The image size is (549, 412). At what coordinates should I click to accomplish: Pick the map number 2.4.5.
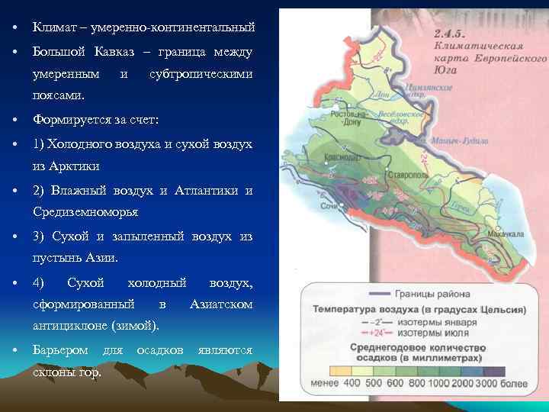point(451,34)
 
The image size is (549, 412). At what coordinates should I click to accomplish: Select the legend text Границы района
point(432,294)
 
